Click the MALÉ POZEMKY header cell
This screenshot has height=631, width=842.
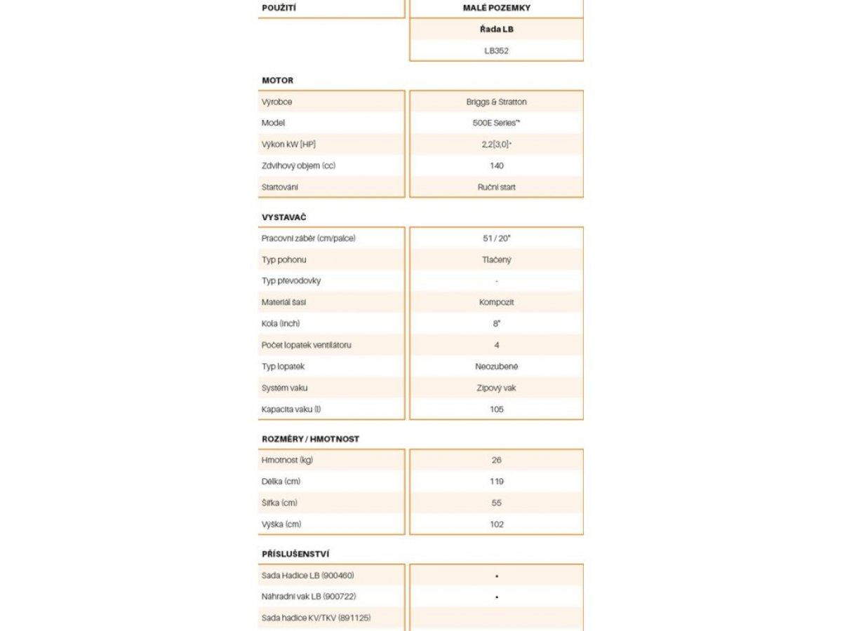pyautogui.click(x=496, y=8)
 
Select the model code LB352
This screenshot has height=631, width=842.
pyautogui.click(x=496, y=50)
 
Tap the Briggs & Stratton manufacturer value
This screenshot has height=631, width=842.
pyautogui.click(x=496, y=102)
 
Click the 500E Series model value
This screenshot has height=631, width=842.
pyautogui.click(x=496, y=123)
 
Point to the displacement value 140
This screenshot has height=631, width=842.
pyautogui.click(x=496, y=165)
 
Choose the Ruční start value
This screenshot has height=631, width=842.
pyautogui.click(x=496, y=187)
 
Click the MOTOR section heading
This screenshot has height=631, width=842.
pyautogui.click(x=278, y=81)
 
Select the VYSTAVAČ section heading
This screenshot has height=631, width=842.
pyautogui.click(x=284, y=217)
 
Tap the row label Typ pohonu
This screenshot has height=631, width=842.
pyautogui.click(x=283, y=259)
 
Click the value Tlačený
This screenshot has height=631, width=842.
pyautogui.click(x=496, y=259)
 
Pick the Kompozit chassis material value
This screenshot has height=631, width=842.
pyautogui.click(x=496, y=302)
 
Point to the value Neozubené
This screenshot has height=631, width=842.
pyautogui.click(x=496, y=366)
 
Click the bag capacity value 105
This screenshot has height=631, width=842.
pyautogui.click(x=496, y=409)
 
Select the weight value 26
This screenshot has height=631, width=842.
pyautogui.click(x=496, y=460)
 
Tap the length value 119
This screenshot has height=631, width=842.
pyautogui.click(x=496, y=482)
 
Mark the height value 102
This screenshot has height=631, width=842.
pyautogui.click(x=496, y=524)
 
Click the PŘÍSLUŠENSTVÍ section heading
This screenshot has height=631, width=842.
pyautogui.click(x=295, y=554)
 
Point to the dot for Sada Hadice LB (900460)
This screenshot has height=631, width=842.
pyautogui.click(x=496, y=576)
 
